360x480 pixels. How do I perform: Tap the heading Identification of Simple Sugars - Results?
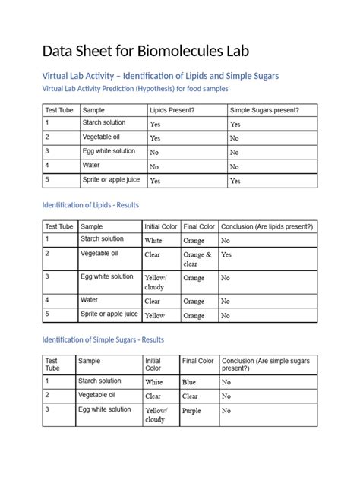pyautogui.click(x=103, y=339)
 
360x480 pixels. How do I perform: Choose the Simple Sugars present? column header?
pyautogui.click(x=264, y=110)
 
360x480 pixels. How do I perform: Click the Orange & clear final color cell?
pyautogui.click(x=197, y=260)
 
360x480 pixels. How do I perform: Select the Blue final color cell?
pyautogui.click(x=190, y=382)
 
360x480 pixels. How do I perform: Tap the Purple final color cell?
pyautogui.click(x=192, y=411)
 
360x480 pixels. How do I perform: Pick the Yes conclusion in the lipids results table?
pyautogui.click(x=226, y=255)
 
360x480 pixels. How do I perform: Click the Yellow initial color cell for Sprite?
pyautogui.click(x=155, y=315)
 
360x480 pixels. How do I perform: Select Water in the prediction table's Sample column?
pyautogui.click(x=92, y=166)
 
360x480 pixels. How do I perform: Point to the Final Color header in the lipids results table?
pyautogui.click(x=199, y=226)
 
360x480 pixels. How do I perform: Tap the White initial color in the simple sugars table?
pyautogui.click(x=154, y=382)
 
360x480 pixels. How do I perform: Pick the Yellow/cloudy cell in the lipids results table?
pyautogui.click(x=156, y=283)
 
